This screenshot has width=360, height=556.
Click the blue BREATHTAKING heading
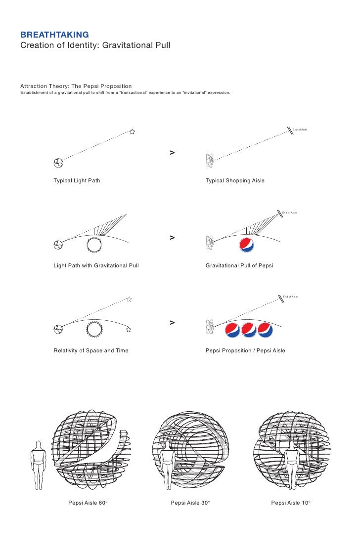tap(54, 35)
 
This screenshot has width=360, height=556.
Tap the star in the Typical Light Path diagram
tap(132, 131)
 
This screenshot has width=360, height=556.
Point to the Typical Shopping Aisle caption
tap(235, 180)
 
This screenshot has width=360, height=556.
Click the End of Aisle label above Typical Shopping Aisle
tap(300, 129)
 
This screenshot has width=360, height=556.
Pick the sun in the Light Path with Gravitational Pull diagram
tap(93, 244)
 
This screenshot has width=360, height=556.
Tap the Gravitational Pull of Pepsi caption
tap(239, 265)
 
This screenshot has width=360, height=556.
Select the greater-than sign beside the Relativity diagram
tap(172, 323)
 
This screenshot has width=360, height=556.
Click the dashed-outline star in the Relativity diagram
tap(129, 299)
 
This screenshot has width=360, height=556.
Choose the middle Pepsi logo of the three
tap(248, 330)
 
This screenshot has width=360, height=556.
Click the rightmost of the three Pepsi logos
tap(265, 330)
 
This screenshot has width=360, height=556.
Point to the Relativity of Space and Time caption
tap(91, 350)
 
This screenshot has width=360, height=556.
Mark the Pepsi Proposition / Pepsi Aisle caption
tap(245, 350)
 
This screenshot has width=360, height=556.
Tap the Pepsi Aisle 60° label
tap(88, 503)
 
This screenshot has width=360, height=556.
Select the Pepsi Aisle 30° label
tap(190, 503)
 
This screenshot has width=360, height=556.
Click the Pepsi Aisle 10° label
tap(291, 503)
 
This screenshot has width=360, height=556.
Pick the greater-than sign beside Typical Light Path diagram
tap(172, 152)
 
